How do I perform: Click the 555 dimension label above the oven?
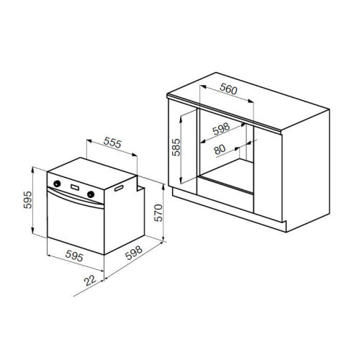tap(112, 143)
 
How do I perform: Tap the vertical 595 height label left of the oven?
tap(28, 199)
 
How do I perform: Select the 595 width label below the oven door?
tap(74, 256)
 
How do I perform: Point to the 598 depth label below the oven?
tap(134, 253)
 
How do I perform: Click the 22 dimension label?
tap(90, 280)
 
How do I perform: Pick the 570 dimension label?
tap(158, 213)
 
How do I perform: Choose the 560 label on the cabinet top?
tap(229, 89)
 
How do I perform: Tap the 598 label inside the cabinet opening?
tap(221, 129)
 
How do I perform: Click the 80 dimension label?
tap(220, 149)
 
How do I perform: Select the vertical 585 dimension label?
tap(176, 147)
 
